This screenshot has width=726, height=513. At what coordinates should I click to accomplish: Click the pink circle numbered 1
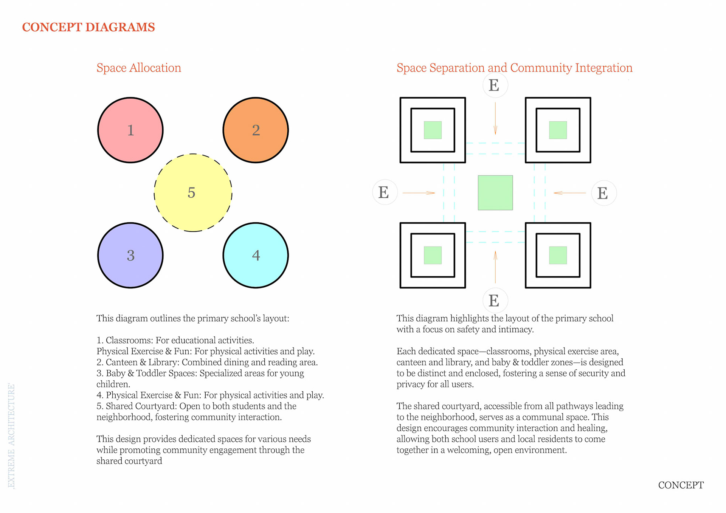click(130, 130)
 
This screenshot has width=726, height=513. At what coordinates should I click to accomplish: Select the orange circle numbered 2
click(256, 130)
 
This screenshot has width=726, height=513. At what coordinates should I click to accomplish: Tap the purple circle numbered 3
click(130, 255)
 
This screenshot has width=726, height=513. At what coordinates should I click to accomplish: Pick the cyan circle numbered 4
click(256, 255)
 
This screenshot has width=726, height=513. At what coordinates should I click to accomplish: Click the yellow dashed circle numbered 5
click(193, 192)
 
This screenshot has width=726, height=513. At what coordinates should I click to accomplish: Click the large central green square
click(495, 192)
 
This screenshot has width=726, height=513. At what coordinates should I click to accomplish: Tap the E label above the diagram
click(494, 85)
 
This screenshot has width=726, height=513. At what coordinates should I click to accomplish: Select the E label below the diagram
click(494, 301)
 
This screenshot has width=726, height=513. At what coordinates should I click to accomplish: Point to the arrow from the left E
click(419, 193)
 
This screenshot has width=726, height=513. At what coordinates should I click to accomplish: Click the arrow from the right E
click(570, 193)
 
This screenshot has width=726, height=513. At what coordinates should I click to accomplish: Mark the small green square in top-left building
click(433, 130)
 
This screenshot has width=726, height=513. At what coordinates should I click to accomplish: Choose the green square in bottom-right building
click(558, 255)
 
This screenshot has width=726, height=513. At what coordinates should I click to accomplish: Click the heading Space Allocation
click(139, 68)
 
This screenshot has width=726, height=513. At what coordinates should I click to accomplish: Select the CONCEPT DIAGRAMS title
click(88, 27)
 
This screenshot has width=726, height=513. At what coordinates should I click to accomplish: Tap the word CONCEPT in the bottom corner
click(681, 485)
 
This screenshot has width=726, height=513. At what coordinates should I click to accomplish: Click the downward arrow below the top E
click(495, 118)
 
